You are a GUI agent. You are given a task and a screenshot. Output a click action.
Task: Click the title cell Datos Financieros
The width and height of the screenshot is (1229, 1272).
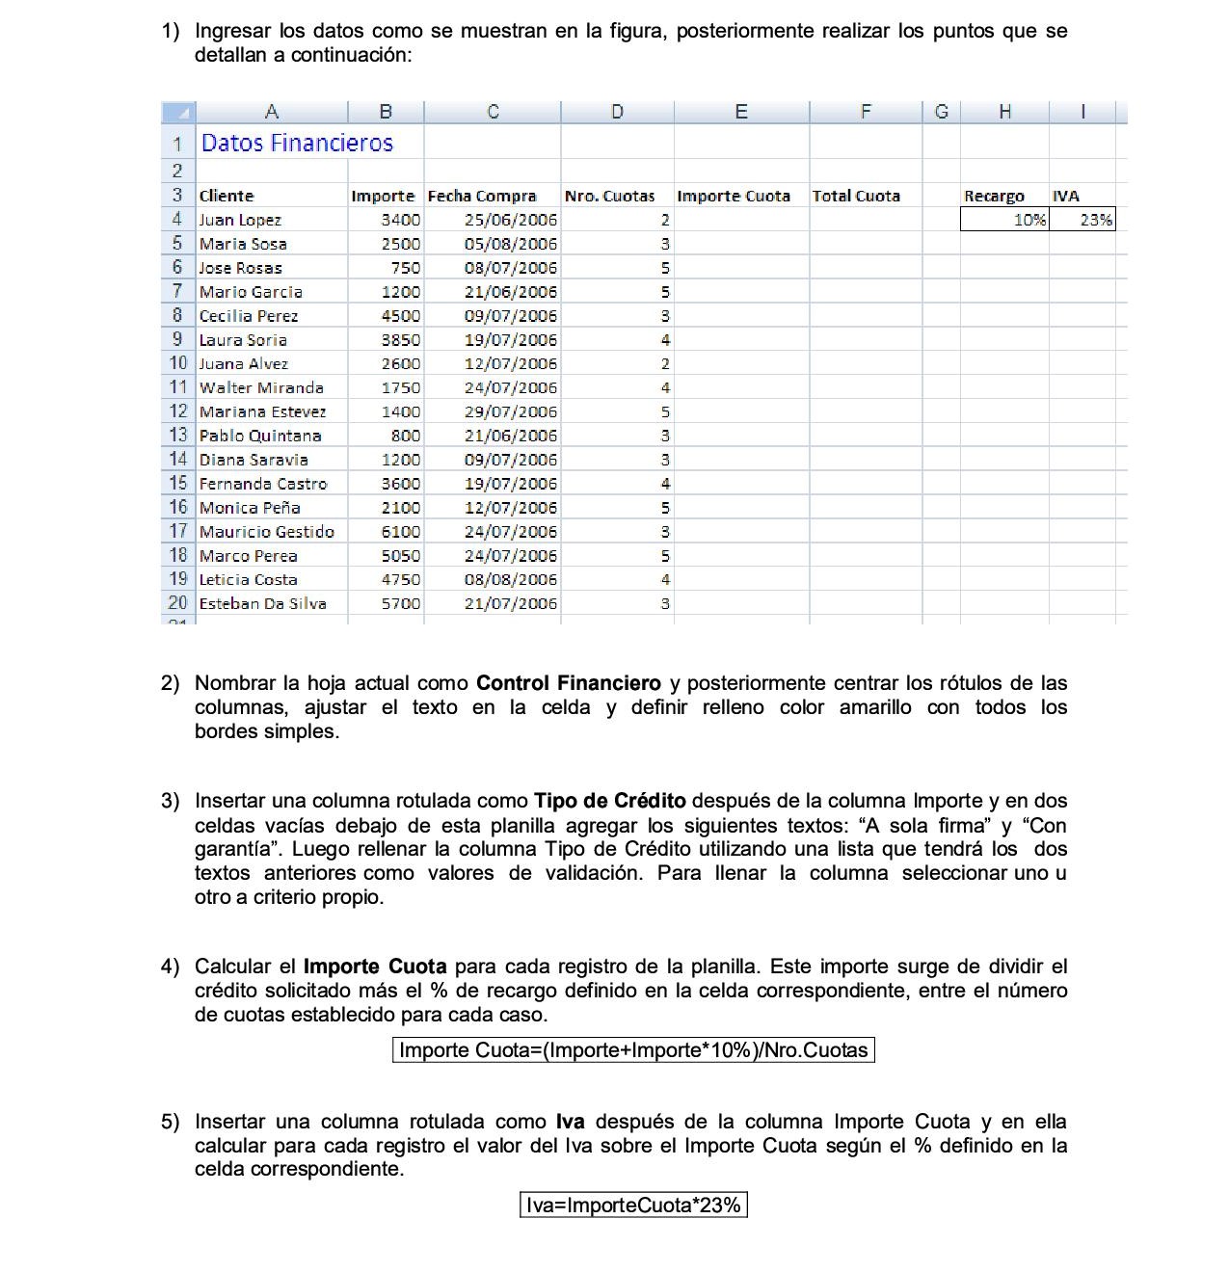(297, 144)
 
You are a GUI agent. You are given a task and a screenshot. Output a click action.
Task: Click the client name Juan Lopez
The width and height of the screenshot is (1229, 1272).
(240, 220)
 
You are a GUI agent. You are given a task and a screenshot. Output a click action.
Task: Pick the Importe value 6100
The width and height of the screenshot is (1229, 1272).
(400, 532)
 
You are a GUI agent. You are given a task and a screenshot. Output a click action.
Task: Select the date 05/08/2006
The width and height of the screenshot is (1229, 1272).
(510, 244)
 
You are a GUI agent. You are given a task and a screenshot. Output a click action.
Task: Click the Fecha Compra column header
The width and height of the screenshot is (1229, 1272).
(482, 196)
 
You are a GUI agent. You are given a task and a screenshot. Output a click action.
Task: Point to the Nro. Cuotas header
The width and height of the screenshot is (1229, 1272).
(609, 196)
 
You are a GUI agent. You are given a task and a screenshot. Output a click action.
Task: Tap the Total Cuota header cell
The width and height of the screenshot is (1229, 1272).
(856, 196)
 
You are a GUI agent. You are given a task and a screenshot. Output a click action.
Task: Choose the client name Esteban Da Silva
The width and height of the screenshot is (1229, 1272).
(262, 603)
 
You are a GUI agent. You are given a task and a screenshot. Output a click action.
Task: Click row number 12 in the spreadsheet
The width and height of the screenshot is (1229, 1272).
(178, 411)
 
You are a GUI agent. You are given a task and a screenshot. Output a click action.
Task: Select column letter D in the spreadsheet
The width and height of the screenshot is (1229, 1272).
(617, 112)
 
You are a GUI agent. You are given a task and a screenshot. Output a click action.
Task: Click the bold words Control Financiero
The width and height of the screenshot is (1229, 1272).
(569, 683)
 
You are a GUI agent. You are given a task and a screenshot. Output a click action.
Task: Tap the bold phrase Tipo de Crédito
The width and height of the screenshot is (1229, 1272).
(610, 801)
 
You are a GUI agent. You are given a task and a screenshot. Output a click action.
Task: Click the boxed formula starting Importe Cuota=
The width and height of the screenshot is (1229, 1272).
(633, 1050)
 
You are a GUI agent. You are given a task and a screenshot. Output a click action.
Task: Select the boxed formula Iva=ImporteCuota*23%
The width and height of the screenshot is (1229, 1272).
(633, 1205)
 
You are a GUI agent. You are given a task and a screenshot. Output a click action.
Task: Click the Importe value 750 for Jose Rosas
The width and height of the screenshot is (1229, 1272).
(405, 268)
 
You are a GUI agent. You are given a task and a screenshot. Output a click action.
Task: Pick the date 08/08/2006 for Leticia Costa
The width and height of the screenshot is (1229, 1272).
(510, 579)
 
